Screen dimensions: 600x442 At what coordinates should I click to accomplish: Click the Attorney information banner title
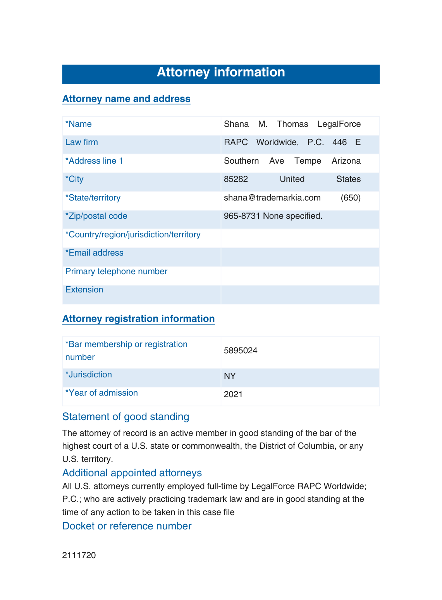click(x=221, y=73)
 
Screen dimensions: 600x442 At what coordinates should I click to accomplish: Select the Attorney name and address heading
click(x=126, y=99)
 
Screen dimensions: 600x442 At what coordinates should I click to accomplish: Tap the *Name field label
click(x=79, y=124)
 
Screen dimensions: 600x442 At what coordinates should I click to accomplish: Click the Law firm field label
click(x=82, y=142)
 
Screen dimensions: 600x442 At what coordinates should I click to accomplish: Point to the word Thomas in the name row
click(x=292, y=124)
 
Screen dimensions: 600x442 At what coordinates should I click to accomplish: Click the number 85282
click(x=236, y=179)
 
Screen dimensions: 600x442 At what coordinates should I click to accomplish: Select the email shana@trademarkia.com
click(x=272, y=198)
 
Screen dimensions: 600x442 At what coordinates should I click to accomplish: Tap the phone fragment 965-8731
click(x=242, y=216)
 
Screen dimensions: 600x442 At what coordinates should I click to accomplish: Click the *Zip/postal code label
click(x=96, y=216)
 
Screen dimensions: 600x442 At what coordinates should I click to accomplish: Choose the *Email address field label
click(x=95, y=253)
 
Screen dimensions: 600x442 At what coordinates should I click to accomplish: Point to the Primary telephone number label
click(x=116, y=271)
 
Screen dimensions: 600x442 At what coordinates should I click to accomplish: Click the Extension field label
click(x=84, y=290)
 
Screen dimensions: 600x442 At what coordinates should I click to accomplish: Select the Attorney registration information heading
click(x=138, y=319)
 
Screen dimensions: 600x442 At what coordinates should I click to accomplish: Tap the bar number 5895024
click(x=241, y=351)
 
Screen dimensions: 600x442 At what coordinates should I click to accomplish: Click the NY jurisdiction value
click(x=230, y=376)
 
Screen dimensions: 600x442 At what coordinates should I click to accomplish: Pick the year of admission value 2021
click(x=233, y=394)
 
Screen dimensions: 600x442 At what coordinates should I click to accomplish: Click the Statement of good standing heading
click(x=126, y=417)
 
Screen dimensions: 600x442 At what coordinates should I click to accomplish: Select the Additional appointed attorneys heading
click(x=132, y=473)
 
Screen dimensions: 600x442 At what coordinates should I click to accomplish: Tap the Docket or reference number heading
click(x=127, y=526)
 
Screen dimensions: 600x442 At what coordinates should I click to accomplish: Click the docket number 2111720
click(x=79, y=555)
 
